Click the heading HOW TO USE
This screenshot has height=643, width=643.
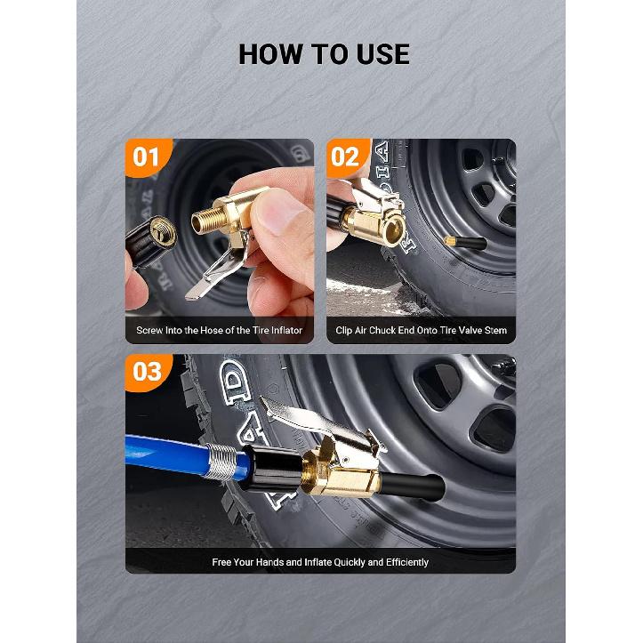tap(324, 54)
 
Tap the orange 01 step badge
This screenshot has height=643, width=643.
tap(147, 158)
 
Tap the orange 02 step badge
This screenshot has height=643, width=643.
tap(347, 158)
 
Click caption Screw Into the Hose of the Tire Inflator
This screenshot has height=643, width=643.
tap(220, 330)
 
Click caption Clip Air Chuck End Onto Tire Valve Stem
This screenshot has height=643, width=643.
tap(421, 330)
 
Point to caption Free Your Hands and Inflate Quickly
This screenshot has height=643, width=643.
tap(320, 562)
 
